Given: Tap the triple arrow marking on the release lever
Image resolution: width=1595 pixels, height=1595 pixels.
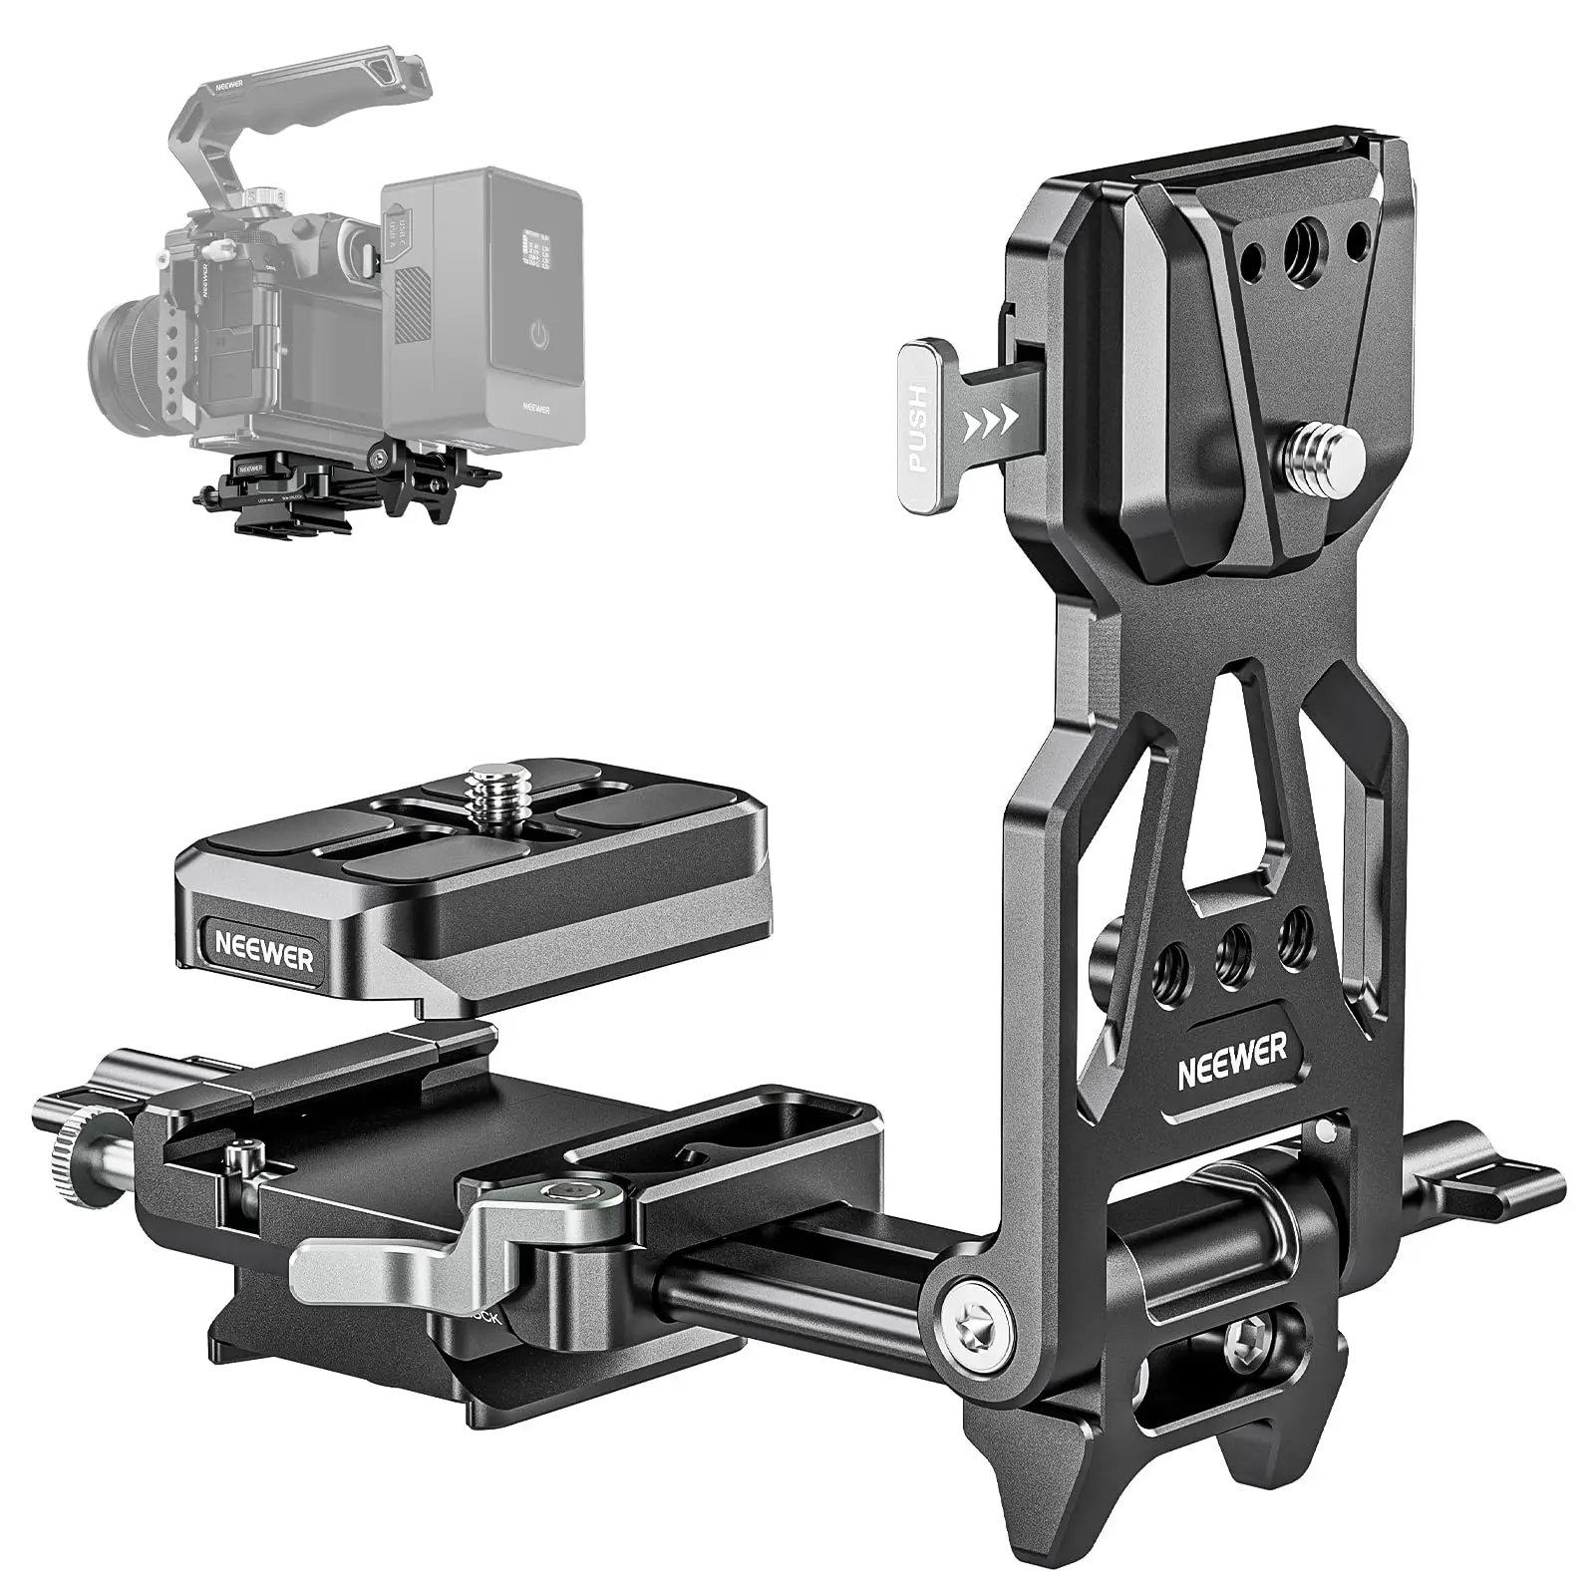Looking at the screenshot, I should [x=987, y=424].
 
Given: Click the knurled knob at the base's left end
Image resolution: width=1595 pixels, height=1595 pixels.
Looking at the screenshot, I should [x=64, y=1160].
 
